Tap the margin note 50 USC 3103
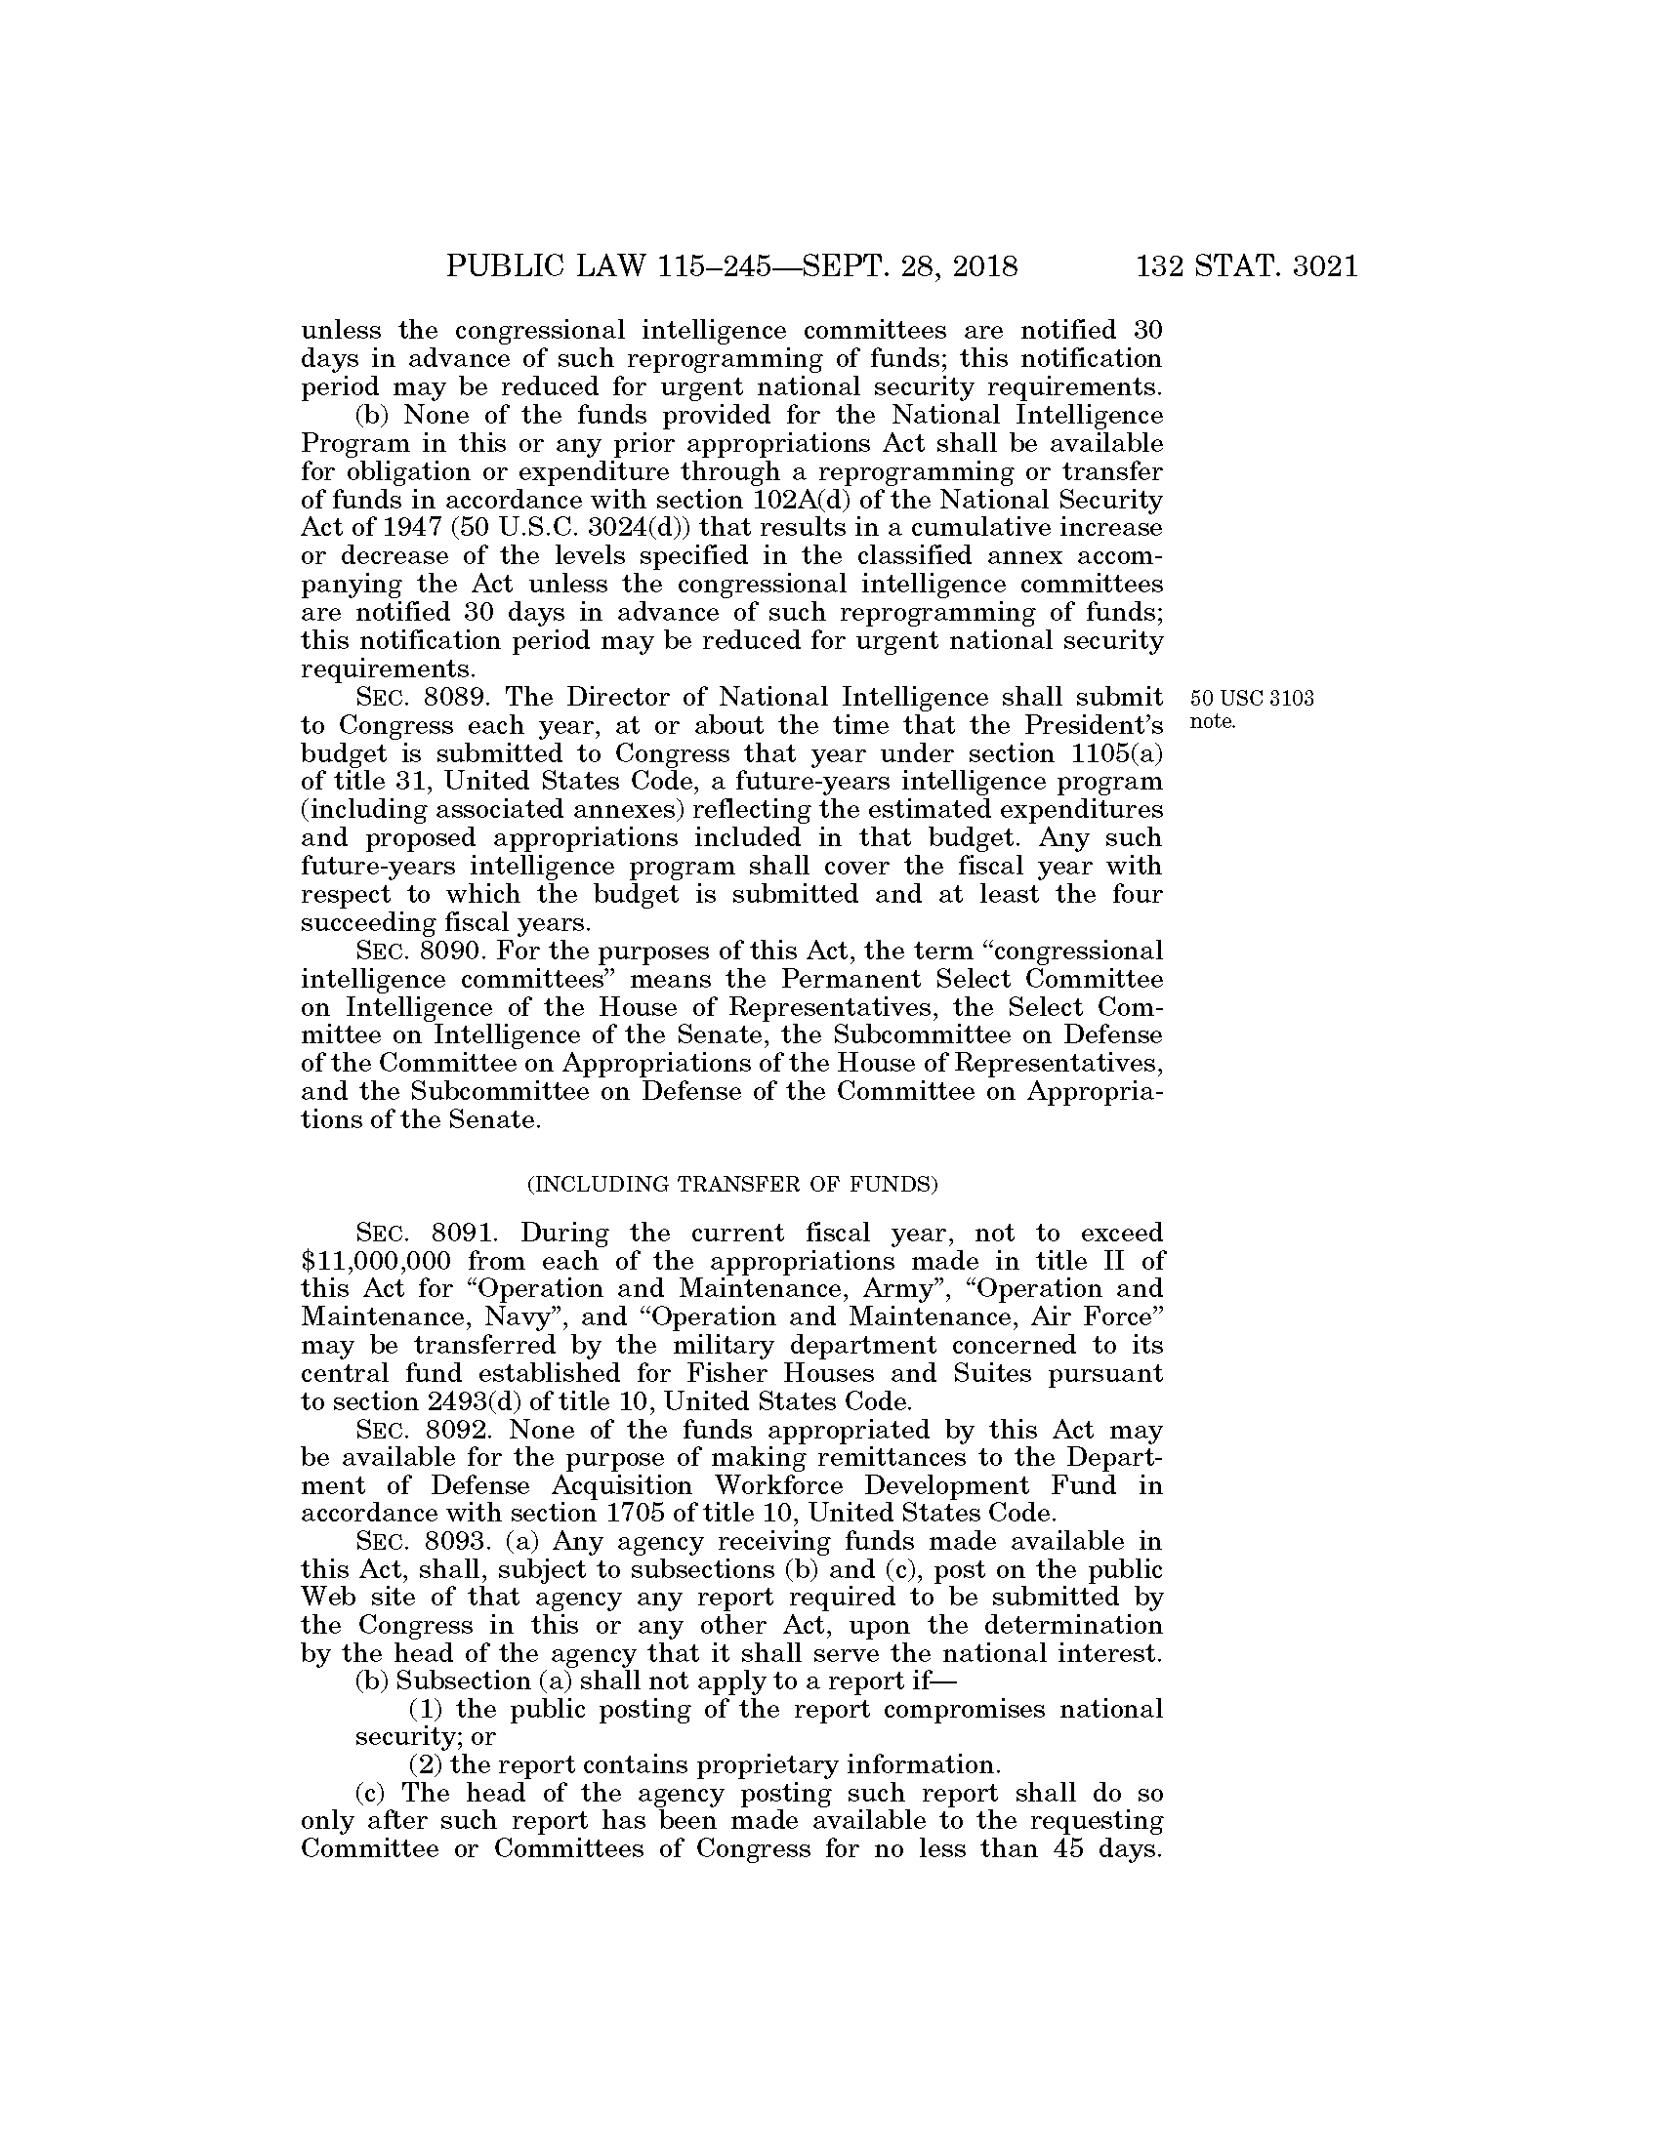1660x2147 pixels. tap(1251, 699)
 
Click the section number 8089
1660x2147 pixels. tap(454, 698)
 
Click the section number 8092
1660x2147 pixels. tap(454, 1430)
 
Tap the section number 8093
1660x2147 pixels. tap(454, 1570)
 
